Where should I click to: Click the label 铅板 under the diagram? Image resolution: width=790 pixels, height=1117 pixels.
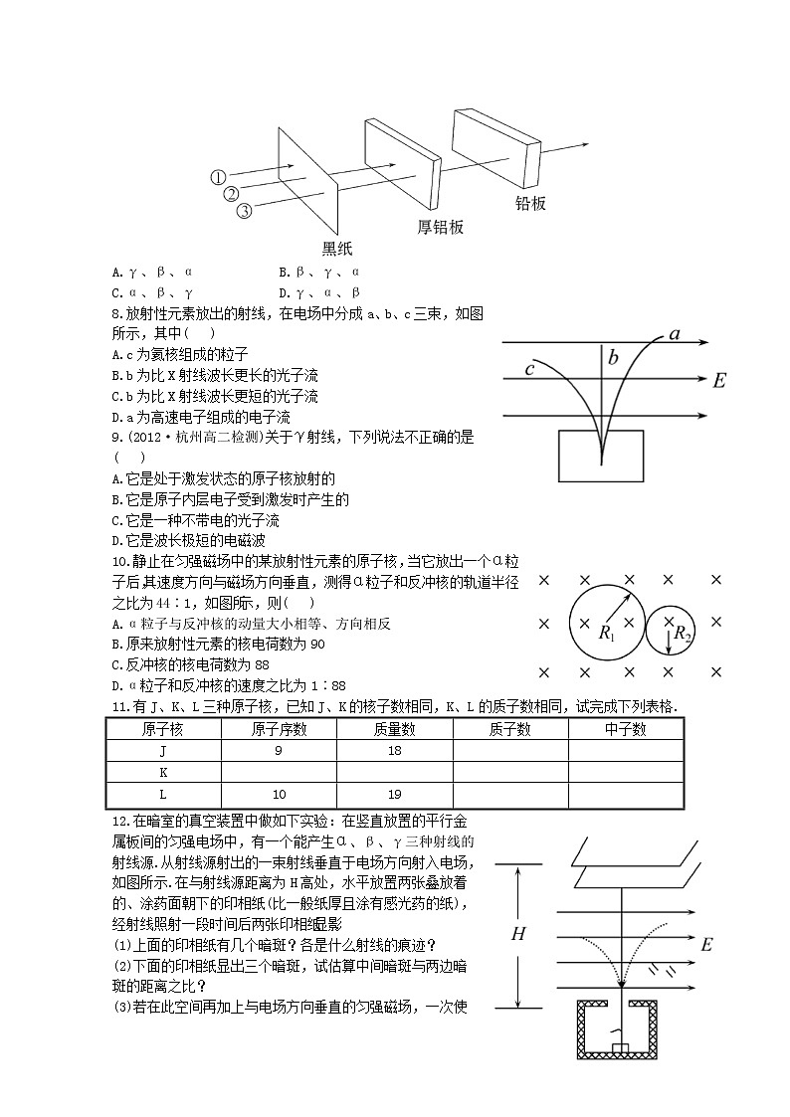click(530, 204)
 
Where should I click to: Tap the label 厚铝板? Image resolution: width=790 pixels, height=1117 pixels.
click(440, 227)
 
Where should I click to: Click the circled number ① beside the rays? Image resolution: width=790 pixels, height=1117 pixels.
click(219, 177)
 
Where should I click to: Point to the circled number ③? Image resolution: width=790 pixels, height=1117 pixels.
click(244, 210)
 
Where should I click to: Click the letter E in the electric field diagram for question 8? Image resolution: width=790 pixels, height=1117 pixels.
click(720, 380)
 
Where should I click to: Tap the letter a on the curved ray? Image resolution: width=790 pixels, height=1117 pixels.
click(675, 333)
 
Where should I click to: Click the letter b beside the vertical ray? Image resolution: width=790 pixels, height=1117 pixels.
click(613, 358)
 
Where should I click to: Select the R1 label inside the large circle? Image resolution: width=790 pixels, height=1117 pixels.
click(607, 633)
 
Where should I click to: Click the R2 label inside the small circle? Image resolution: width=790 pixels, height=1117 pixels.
click(682, 633)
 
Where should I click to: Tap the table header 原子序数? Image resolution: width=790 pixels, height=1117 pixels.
click(279, 729)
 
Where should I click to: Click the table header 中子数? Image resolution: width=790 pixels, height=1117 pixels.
click(625, 729)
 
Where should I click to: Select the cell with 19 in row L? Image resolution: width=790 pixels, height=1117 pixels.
click(394, 794)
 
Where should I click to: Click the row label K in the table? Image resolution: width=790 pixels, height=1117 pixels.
click(163, 772)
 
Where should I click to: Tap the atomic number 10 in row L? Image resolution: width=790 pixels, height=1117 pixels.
click(279, 794)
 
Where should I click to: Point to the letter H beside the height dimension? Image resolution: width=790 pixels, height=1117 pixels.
click(518, 934)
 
